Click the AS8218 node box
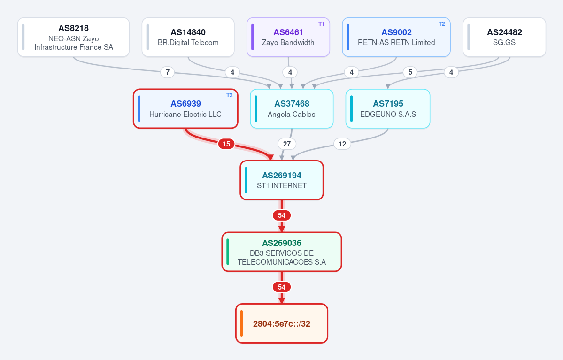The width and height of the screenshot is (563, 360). point(74,37)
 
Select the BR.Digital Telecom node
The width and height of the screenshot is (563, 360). point(188,37)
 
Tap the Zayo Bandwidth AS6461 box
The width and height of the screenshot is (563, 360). point(288,37)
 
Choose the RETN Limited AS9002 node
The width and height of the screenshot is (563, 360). point(396,37)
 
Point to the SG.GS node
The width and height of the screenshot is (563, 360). point(504,37)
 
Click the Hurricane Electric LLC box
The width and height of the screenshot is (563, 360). point(185,109)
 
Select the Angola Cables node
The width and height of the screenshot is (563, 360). point(292,109)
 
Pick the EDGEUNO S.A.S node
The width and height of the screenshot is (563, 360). point(388,109)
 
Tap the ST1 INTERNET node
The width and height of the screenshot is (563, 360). point(282,180)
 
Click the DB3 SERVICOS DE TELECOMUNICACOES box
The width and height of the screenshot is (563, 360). point(282,252)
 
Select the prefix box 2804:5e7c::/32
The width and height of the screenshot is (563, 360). point(282,323)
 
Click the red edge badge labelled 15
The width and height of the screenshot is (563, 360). point(226,144)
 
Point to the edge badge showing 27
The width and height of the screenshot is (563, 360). point(287,144)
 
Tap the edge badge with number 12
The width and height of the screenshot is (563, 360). point(342,144)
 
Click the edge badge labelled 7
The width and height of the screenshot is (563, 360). point(167,72)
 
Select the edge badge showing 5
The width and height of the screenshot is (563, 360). point(410,72)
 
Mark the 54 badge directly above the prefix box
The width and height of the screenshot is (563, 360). point(282,287)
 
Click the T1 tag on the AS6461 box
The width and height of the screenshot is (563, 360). point(321,23)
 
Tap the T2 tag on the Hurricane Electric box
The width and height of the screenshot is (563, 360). point(230,95)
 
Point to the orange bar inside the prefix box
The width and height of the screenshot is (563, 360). point(242,323)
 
